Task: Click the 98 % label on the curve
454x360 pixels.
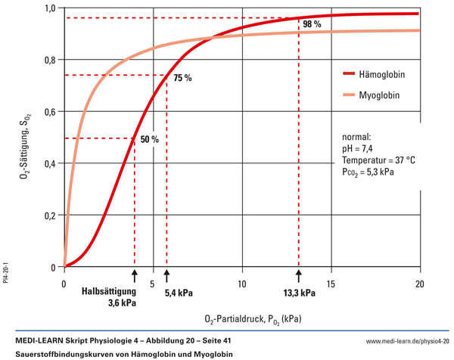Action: click(x=312, y=25)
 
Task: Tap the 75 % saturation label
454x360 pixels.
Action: click(x=183, y=78)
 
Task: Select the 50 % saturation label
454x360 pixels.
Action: click(x=149, y=139)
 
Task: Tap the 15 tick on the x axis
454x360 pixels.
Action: click(x=331, y=283)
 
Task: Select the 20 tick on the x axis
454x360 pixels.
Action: click(x=420, y=283)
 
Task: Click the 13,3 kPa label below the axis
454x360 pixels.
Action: click(x=300, y=293)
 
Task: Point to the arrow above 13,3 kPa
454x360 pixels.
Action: click(x=299, y=275)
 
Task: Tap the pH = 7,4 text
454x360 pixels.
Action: click(x=361, y=151)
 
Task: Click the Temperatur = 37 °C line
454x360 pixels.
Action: click(x=378, y=161)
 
